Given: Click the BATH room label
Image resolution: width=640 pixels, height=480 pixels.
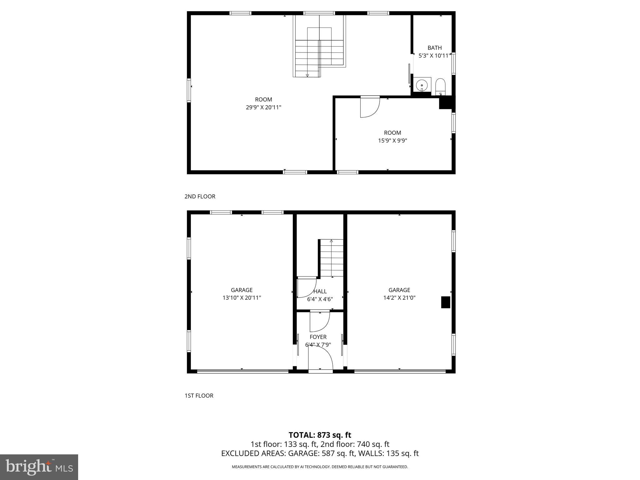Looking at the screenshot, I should click(x=434, y=48).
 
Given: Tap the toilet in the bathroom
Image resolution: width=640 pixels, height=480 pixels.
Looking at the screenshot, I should click(x=440, y=87).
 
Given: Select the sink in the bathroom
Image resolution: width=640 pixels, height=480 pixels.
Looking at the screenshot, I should click(x=422, y=85).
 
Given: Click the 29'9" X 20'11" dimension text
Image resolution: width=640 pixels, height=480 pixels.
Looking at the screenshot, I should click(x=263, y=107).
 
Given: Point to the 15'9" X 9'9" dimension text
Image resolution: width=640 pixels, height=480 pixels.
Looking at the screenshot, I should click(x=392, y=141).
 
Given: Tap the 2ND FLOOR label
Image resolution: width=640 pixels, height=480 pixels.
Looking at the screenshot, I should click(x=200, y=197).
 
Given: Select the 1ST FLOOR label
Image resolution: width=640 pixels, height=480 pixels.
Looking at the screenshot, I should click(x=199, y=396).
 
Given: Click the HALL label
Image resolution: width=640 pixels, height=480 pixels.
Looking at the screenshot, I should click(x=320, y=291).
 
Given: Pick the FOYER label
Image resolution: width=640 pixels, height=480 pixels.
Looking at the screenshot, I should click(x=318, y=337).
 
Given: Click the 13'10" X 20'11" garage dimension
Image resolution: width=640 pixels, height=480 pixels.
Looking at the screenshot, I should click(x=242, y=298).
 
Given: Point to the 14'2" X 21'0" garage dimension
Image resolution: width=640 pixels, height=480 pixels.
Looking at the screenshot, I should click(x=399, y=298).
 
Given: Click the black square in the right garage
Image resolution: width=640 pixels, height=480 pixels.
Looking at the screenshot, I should click(x=445, y=302).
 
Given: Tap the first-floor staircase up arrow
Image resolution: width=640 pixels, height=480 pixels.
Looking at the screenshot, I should click(x=331, y=241).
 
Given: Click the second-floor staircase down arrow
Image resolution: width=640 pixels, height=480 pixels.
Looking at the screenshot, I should click(x=307, y=75).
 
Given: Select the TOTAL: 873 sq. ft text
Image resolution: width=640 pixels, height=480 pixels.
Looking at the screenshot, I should click(x=320, y=435).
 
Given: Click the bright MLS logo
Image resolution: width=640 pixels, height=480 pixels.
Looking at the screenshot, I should click(x=39, y=467).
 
